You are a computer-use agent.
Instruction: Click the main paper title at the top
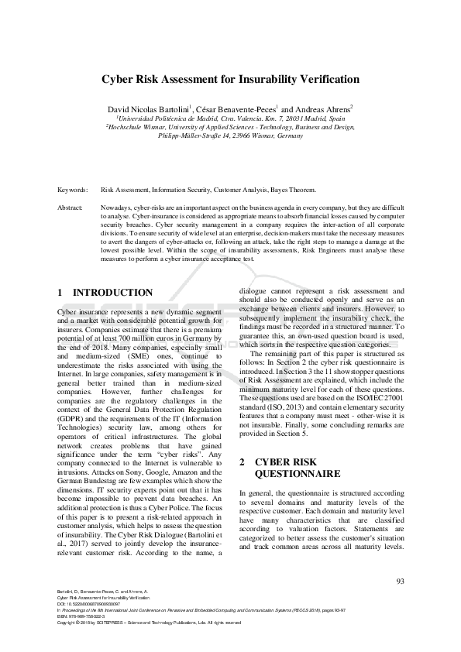coord(230,80)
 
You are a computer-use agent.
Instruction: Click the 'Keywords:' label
coord(71,189)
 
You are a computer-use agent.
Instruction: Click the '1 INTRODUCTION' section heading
coord(105,293)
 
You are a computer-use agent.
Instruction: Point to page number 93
coord(400,581)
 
